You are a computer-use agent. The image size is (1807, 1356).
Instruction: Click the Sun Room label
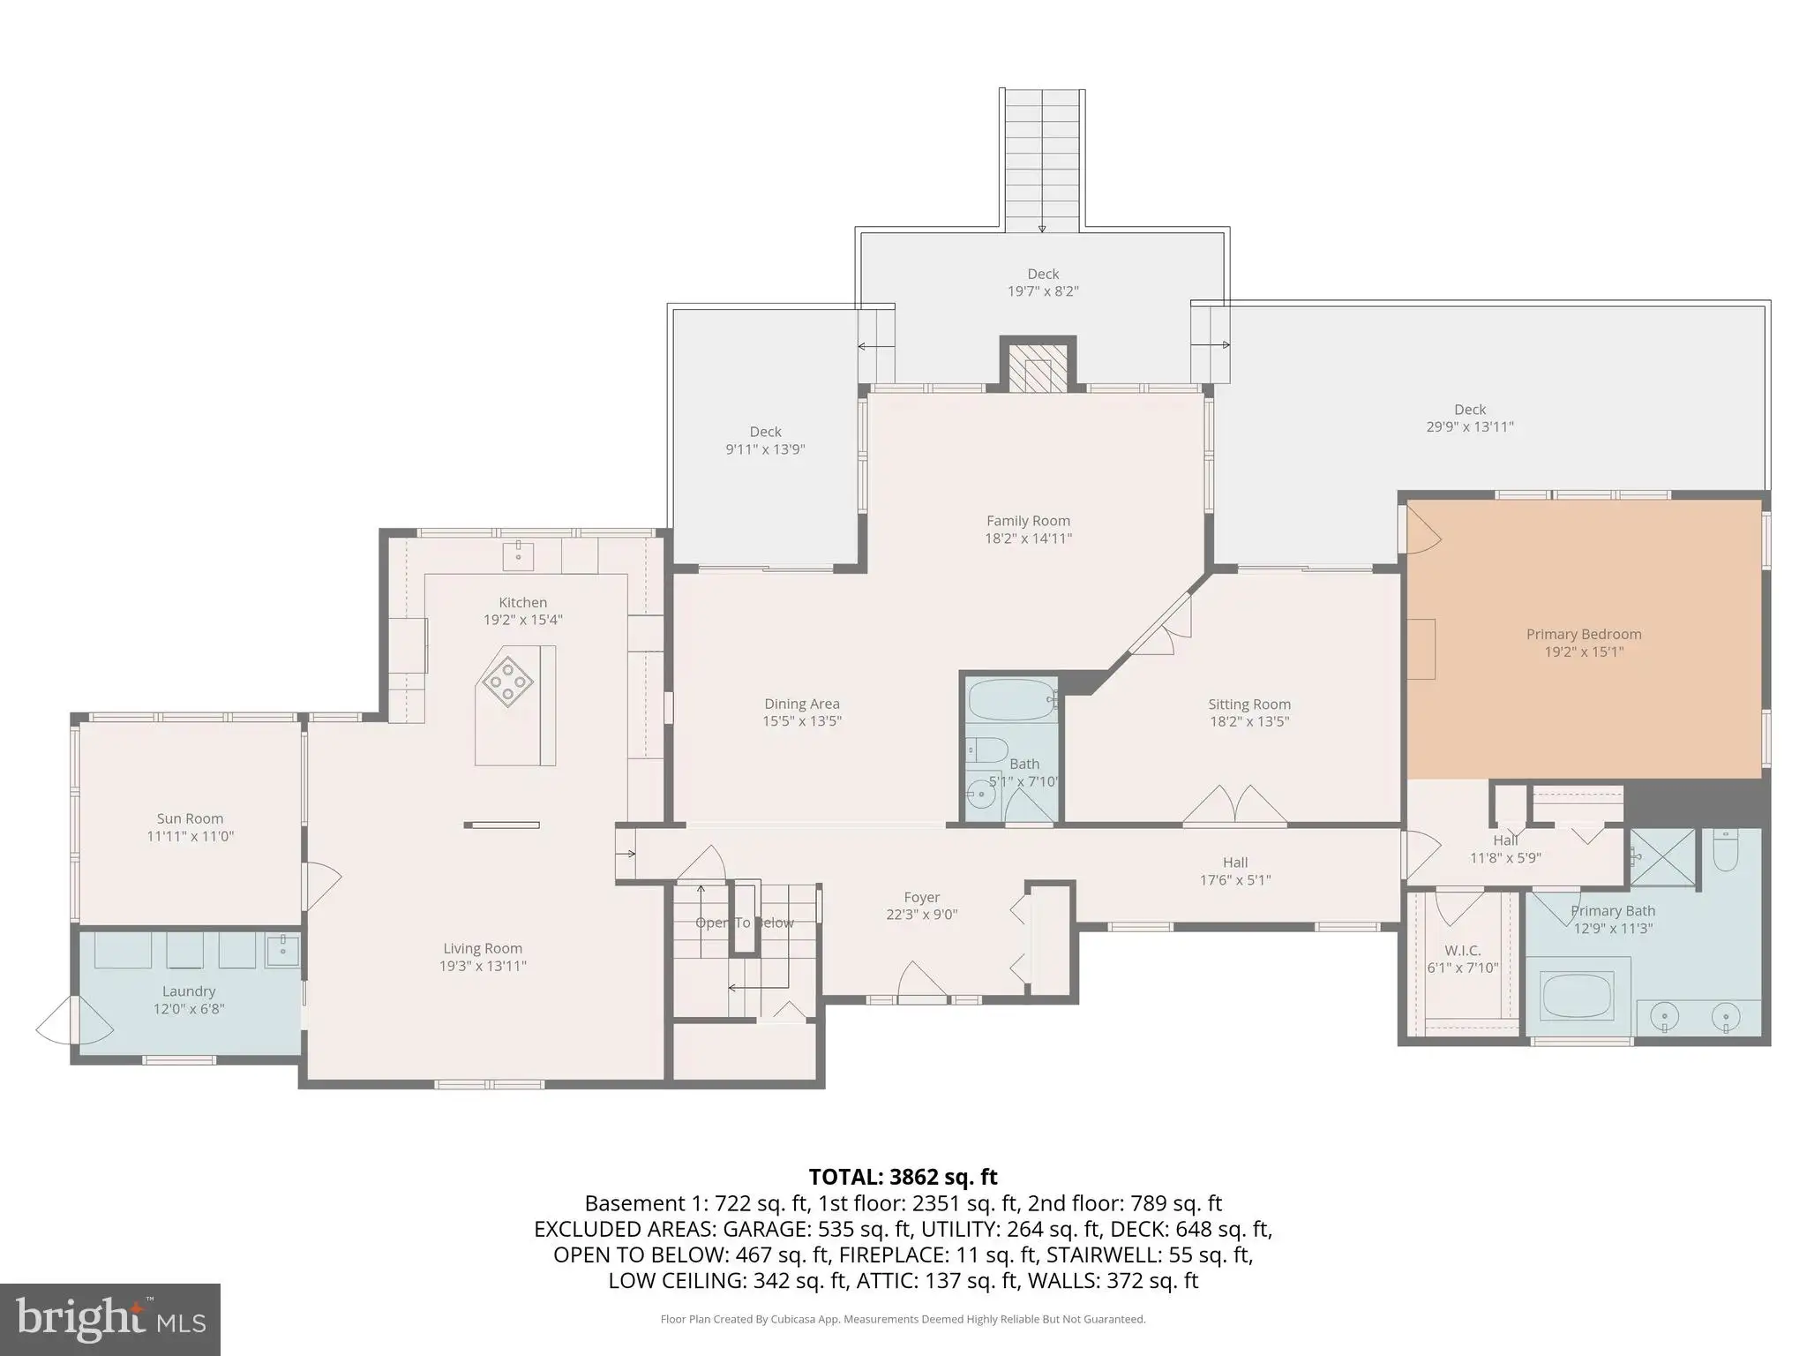click(x=190, y=818)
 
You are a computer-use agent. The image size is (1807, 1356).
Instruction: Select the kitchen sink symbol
click(x=518, y=556)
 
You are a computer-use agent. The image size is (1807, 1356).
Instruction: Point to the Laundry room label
click(x=189, y=991)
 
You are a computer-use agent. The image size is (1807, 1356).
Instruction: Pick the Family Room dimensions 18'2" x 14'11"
click(x=1029, y=538)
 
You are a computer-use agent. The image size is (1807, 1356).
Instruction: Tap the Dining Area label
click(x=802, y=704)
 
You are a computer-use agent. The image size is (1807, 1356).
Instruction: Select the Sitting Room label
click(x=1249, y=704)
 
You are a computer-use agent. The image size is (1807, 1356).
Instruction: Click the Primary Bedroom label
click(x=1584, y=634)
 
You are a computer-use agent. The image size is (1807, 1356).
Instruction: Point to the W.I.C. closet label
click(x=1462, y=950)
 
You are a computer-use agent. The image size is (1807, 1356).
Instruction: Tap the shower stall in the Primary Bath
click(x=1662, y=857)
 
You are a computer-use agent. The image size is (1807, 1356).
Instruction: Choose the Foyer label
click(x=921, y=897)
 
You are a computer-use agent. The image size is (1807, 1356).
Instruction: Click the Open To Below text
click(x=745, y=923)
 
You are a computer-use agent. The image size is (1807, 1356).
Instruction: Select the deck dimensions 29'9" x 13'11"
click(x=1470, y=426)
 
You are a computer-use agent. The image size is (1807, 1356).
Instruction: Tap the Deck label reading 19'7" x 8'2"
click(x=1043, y=274)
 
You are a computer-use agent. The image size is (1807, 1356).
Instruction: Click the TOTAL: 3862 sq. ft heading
click(x=903, y=1177)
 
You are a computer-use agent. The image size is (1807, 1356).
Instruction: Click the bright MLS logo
click(x=110, y=1319)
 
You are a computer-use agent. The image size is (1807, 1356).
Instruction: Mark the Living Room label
click(x=483, y=948)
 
